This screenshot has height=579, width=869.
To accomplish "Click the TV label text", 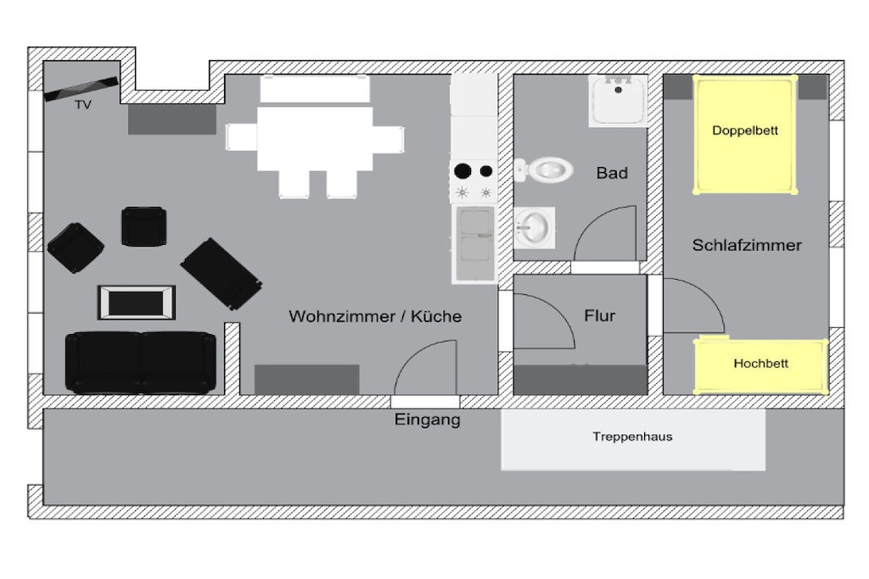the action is click(x=83, y=104).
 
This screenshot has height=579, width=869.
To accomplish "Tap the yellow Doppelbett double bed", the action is click(x=745, y=134).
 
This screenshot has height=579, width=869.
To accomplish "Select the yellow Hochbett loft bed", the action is click(x=761, y=365).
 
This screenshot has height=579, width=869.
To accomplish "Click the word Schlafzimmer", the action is click(x=747, y=245).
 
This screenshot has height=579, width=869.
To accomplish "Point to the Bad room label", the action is click(x=612, y=173).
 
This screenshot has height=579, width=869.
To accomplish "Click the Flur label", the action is click(x=600, y=315).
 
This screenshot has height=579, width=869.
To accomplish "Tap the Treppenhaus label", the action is click(x=632, y=437).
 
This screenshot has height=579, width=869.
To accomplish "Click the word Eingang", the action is click(x=428, y=420).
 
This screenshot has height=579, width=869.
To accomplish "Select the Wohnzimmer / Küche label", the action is click(x=375, y=316).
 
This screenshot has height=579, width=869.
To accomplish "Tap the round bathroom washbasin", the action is click(x=534, y=227).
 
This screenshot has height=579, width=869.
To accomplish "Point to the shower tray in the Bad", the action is click(x=618, y=101).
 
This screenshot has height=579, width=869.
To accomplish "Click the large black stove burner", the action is click(x=463, y=171).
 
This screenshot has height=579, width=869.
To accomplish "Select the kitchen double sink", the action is click(x=475, y=243).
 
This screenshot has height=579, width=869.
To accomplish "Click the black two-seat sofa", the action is click(x=141, y=363).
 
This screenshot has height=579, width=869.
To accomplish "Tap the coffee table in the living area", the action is click(x=137, y=303).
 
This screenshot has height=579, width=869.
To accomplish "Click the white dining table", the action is click(x=315, y=138).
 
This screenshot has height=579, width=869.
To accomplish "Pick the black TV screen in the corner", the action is click(x=81, y=88).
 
